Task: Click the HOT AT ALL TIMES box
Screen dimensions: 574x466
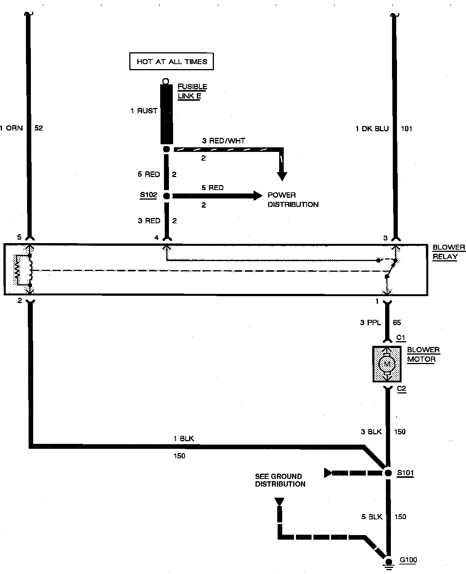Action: (172, 61)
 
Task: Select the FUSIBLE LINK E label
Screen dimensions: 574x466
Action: (192, 91)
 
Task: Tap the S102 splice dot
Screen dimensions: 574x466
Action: (166, 196)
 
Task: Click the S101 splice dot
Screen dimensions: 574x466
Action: (388, 473)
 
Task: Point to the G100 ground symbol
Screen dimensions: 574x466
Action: (389, 562)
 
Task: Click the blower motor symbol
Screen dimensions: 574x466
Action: (387, 364)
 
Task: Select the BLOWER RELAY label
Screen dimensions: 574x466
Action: (448, 252)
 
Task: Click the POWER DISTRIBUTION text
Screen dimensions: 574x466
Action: (293, 200)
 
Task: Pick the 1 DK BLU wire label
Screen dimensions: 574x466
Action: (372, 129)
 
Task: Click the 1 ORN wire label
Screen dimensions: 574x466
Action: (11, 128)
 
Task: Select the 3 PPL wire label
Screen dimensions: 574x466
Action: (370, 322)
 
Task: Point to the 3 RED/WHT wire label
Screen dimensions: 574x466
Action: (223, 140)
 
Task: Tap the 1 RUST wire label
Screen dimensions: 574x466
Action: (144, 111)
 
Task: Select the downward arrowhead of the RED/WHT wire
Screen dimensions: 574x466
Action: (282, 176)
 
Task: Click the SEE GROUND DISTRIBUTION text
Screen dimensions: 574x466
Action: (280, 480)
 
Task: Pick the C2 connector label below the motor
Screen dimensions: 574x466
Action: (402, 389)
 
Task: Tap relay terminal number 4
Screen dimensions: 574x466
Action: (156, 238)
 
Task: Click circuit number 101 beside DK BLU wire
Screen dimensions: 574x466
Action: (407, 129)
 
